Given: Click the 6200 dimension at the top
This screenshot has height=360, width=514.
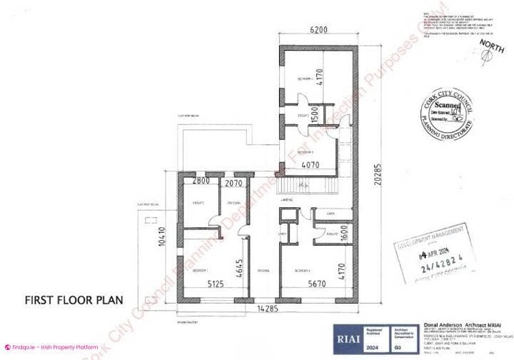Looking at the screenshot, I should coord(319,30).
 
